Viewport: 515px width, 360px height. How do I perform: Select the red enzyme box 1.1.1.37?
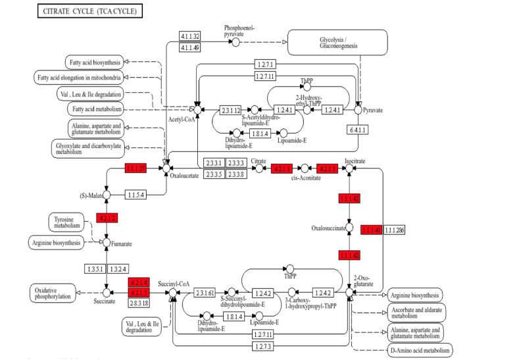click(135, 169)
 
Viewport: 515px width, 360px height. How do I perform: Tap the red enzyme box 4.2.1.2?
click(107, 218)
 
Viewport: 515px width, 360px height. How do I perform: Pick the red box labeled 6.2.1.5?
click(138, 292)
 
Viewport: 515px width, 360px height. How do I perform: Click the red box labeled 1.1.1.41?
click(371, 229)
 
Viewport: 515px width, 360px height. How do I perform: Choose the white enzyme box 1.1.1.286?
click(395, 229)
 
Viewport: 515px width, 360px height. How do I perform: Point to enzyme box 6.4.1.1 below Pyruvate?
click(358, 130)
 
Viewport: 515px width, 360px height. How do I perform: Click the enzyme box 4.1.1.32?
click(190, 36)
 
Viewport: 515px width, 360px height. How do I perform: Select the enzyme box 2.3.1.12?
click(232, 110)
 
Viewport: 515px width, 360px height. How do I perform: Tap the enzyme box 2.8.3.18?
click(138, 302)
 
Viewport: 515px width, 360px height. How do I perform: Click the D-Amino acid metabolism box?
click(420, 351)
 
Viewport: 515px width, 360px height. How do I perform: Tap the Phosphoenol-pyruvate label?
click(239, 31)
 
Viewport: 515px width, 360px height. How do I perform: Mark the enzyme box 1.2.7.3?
click(263, 346)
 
